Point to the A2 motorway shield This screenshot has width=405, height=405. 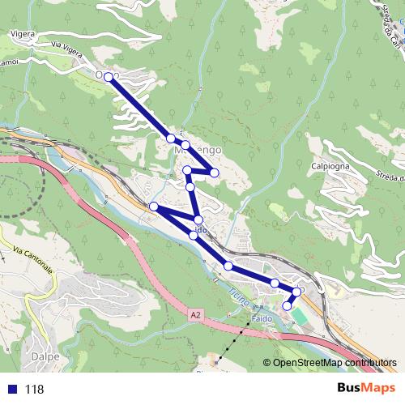coord(196,313)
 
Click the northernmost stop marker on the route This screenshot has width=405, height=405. coord(109,75)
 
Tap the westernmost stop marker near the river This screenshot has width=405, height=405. coord(153,206)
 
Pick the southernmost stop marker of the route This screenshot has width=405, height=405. coord(287,306)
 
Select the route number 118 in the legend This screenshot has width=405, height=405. coord(34,389)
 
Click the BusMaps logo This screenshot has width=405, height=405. coord(365,388)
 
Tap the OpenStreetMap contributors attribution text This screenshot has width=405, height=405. coord(330,363)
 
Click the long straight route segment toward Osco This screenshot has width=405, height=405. coord(139,107)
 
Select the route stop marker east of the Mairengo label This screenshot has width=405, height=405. coord(214,172)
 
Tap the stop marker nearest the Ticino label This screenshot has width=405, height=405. coord(228,266)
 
